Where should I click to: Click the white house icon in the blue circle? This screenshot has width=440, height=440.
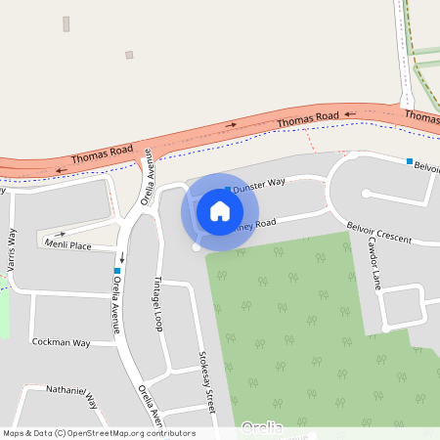220,210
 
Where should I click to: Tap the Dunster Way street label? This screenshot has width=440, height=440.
259,183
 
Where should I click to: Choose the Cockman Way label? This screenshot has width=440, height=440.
61,343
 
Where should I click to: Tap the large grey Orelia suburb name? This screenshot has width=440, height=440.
261,427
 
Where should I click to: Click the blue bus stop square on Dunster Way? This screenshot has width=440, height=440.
228,189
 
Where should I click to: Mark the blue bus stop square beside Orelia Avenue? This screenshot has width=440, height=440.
117,271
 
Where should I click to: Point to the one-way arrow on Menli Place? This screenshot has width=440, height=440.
63,234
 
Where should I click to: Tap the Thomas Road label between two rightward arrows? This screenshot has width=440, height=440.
307,120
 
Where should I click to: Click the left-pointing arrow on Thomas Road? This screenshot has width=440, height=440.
62,170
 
